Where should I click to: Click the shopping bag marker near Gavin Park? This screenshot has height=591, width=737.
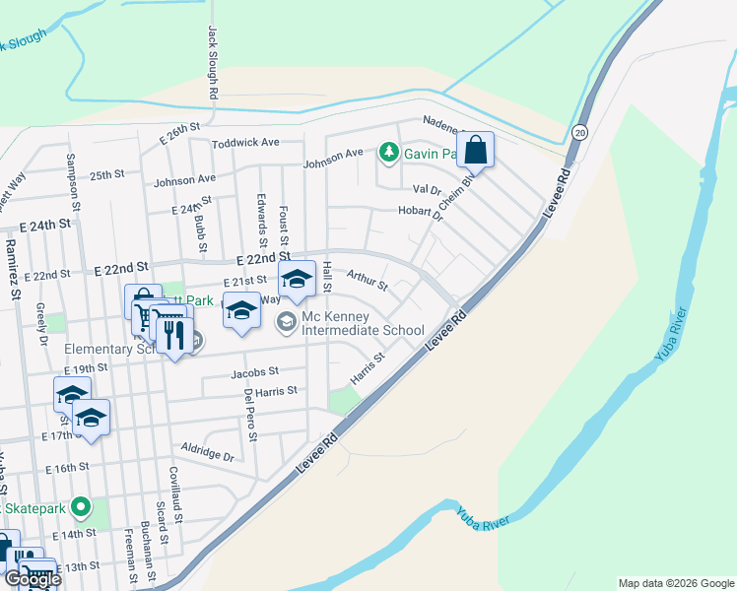[475, 152]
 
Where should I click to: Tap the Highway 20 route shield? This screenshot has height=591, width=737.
[579, 132]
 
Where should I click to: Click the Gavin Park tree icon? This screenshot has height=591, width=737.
[389, 152]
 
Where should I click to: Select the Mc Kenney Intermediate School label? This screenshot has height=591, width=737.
[364, 324]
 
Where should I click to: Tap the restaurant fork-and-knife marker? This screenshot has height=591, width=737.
[174, 336]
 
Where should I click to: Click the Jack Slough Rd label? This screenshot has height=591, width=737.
[212, 61]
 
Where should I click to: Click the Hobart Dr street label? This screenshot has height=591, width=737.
[421, 211]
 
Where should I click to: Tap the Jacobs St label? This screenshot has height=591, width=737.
[255, 372]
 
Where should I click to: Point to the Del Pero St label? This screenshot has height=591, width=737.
[250, 414]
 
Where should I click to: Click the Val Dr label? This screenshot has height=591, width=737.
[427, 189]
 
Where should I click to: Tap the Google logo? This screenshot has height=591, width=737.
[32, 579]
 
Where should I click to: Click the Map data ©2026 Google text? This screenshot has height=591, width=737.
[676, 583]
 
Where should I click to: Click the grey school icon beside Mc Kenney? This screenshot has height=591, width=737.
[287, 319]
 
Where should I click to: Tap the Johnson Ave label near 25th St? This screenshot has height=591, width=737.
[184, 180]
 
